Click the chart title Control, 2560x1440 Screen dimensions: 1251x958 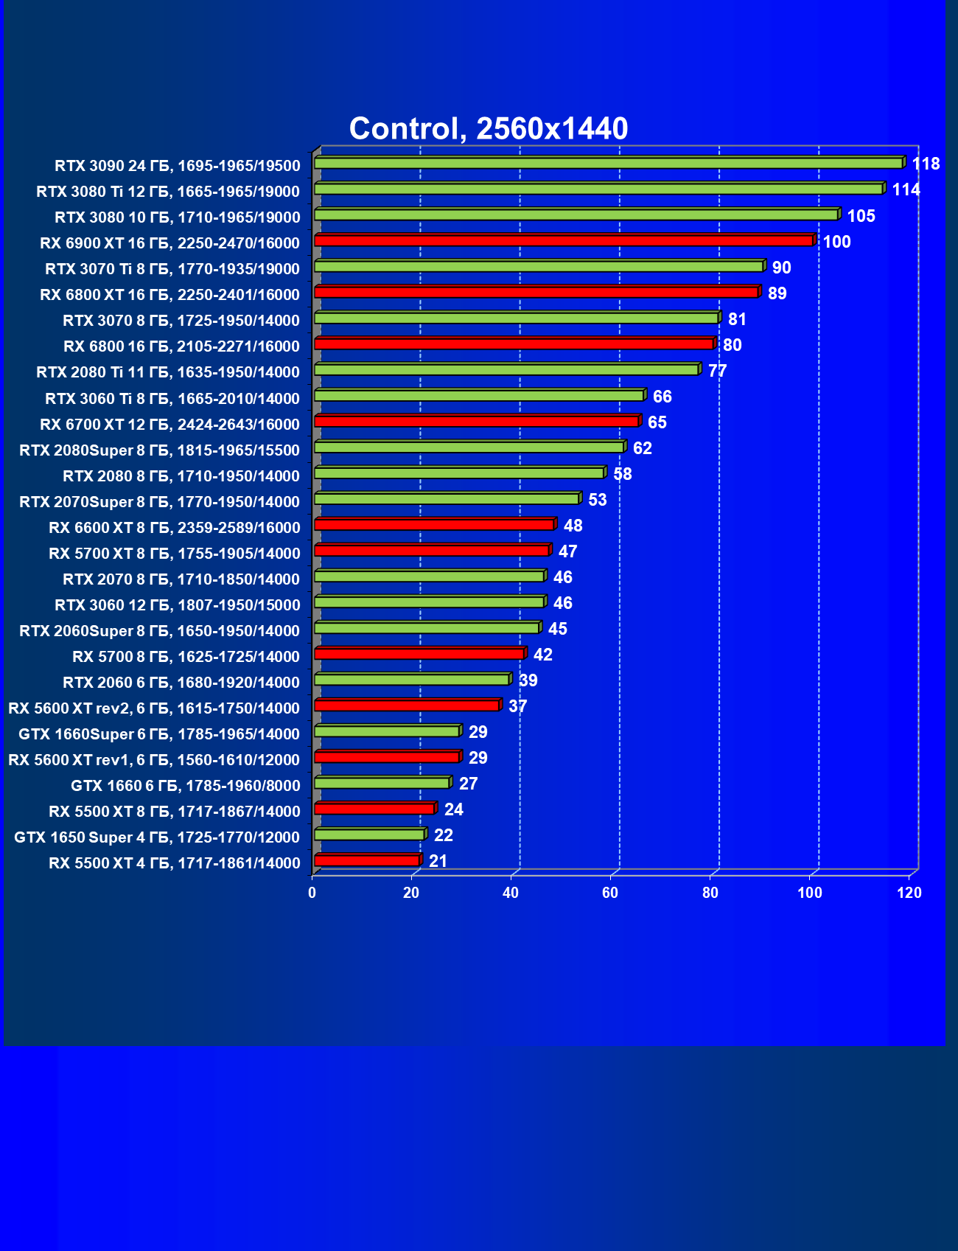[x=488, y=129]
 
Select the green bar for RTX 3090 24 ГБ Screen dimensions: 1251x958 [x=608, y=163]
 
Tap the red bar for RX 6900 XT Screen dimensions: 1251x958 [x=564, y=241]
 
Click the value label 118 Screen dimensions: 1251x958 [x=926, y=164]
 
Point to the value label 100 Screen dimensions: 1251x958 [x=836, y=242]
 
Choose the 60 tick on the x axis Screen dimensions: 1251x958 [x=610, y=893]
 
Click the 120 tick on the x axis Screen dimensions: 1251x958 [x=909, y=893]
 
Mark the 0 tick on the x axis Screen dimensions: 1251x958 [x=312, y=893]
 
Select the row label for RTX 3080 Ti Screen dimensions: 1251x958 [x=168, y=192]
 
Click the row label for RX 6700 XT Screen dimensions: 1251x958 [x=169, y=424]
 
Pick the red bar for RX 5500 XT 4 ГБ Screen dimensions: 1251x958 [x=367, y=860]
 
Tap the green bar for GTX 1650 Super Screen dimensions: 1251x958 [x=369, y=834]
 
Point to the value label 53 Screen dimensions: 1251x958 [x=597, y=500]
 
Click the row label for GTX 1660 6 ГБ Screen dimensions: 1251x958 [x=185, y=785]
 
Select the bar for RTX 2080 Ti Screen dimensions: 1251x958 [x=506, y=370]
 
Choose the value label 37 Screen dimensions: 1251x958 [x=517, y=706]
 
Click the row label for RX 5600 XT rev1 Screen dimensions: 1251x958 [x=154, y=759]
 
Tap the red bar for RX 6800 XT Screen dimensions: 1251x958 [x=536, y=293]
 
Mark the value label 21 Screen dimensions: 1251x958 [x=438, y=861]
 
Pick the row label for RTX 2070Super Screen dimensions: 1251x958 [x=159, y=501]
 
